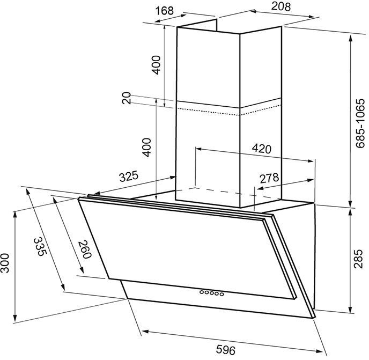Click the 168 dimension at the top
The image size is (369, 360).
165,11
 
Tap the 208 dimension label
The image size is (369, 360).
281,6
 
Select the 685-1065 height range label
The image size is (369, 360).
360,123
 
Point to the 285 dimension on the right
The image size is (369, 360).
358,259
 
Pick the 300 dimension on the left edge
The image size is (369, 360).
4,263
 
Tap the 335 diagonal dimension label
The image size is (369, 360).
40,246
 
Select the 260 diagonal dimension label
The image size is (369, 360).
84,249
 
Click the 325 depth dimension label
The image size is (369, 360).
129,177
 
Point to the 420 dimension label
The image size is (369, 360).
261,149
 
